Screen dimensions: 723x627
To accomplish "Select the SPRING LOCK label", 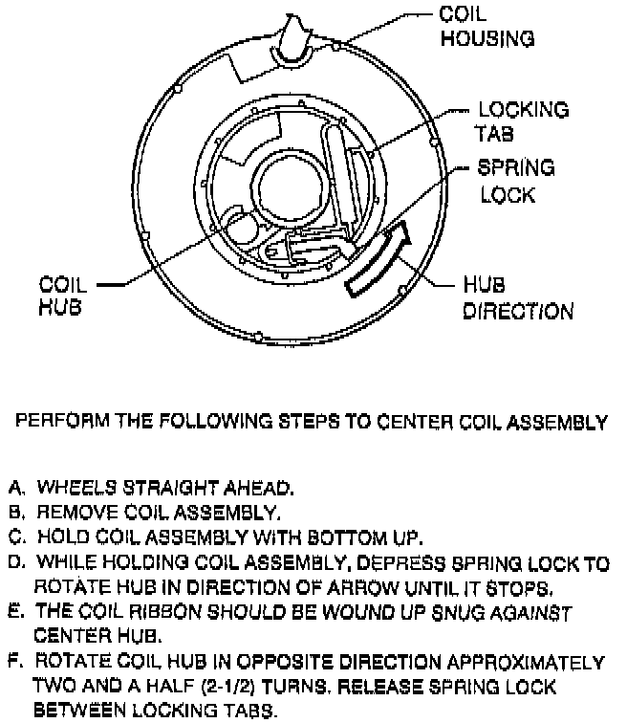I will (x=517, y=181).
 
